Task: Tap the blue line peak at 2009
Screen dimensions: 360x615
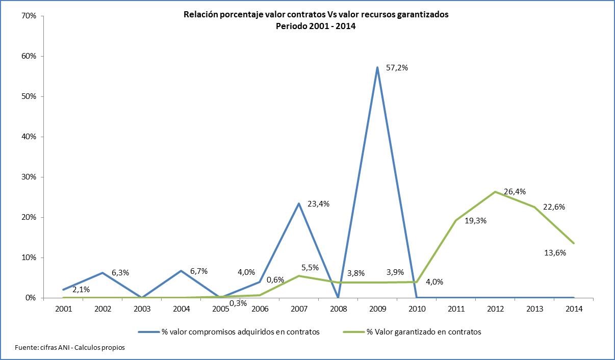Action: click(377, 67)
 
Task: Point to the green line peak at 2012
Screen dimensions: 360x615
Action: click(495, 192)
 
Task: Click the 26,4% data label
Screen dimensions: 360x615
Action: click(515, 192)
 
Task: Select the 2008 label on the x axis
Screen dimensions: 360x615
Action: click(338, 308)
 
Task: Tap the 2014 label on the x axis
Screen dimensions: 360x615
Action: click(574, 308)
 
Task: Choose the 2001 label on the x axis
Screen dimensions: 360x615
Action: click(63, 308)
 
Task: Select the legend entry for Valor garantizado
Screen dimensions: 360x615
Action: click(423, 332)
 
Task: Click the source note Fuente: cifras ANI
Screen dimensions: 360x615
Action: click(70, 348)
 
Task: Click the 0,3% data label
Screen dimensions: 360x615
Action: click(239, 303)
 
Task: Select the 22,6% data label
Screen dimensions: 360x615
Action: click(554, 207)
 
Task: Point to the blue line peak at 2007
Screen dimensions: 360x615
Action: click(299, 203)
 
